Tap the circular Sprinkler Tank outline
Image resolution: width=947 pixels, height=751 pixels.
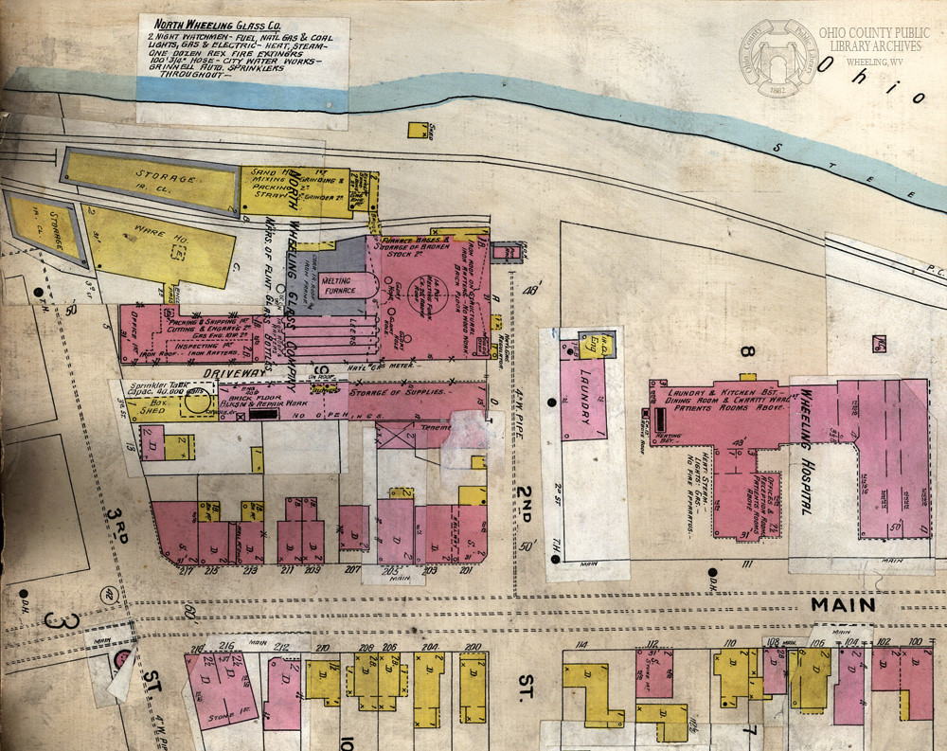tap(197, 402)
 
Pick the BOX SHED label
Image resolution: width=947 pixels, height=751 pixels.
tap(152, 405)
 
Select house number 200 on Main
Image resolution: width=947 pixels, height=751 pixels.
tap(472, 648)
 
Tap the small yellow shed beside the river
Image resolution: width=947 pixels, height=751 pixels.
tap(416, 130)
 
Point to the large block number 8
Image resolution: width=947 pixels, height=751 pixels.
tap(746, 354)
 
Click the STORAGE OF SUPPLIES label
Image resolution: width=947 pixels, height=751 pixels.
tap(398, 392)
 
